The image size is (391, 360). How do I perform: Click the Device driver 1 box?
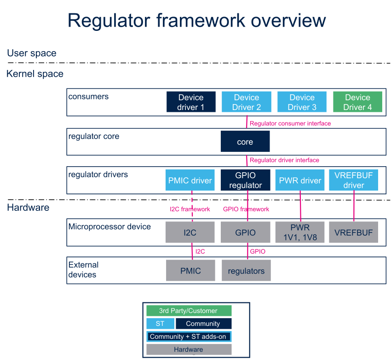191,102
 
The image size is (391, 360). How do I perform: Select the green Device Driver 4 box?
357,102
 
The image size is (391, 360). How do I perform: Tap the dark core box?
245,141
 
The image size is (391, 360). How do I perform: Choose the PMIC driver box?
190,180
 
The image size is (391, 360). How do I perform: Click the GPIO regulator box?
245,180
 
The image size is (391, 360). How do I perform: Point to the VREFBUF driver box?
354,180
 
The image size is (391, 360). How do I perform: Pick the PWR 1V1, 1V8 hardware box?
300,232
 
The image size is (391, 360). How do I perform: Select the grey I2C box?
190,232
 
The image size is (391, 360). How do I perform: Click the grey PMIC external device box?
190,270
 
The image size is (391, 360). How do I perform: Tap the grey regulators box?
246,270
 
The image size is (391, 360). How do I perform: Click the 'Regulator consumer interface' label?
290,123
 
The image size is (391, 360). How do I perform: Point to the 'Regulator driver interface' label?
285,160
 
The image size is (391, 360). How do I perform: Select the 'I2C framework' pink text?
190,209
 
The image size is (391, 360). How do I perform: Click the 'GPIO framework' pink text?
246,209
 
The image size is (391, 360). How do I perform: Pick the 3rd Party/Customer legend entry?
189,311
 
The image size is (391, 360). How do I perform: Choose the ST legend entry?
160,324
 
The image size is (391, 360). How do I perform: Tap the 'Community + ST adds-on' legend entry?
189,337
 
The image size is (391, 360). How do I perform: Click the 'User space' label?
32,53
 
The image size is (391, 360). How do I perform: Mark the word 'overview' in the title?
288,20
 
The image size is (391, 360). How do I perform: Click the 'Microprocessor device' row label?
109,226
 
